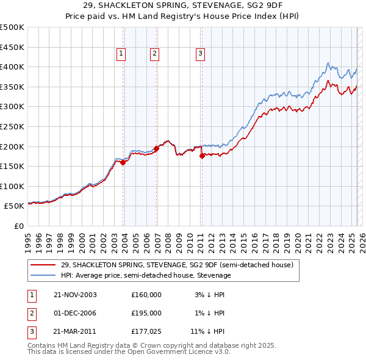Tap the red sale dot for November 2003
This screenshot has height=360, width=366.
(x=123, y=162)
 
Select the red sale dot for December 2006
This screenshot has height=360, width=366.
(x=157, y=148)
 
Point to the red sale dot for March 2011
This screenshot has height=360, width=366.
(x=202, y=156)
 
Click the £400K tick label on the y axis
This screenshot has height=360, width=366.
(x=12, y=67)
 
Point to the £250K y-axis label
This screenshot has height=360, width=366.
(x=12, y=126)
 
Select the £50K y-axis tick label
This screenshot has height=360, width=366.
(x=14, y=206)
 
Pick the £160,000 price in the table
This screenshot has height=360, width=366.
(x=146, y=295)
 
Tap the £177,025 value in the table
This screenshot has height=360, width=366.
(x=146, y=332)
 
